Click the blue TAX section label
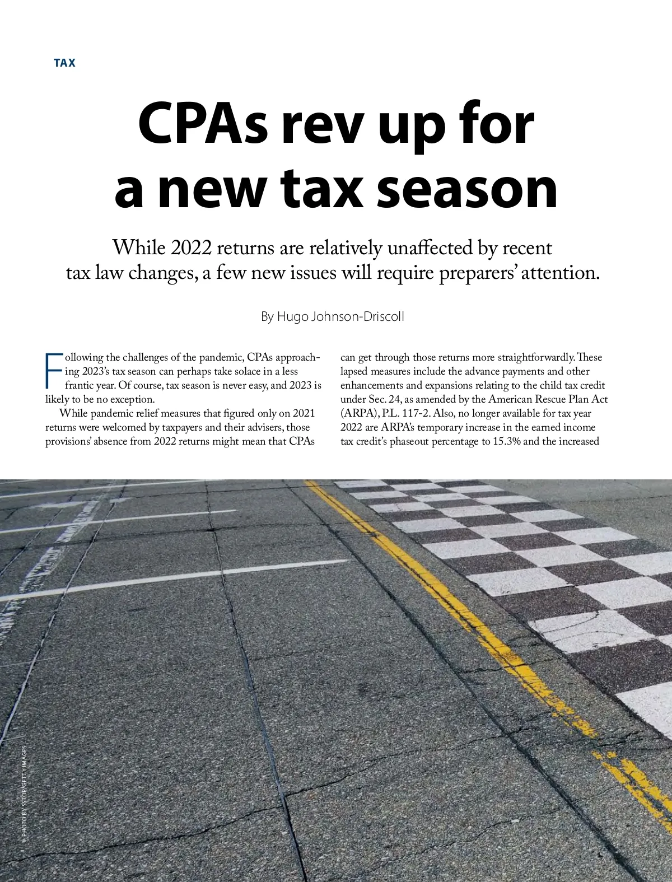click(x=64, y=63)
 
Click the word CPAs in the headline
click(x=203, y=124)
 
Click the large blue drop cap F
click(x=53, y=371)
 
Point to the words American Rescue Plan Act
click(x=548, y=399)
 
